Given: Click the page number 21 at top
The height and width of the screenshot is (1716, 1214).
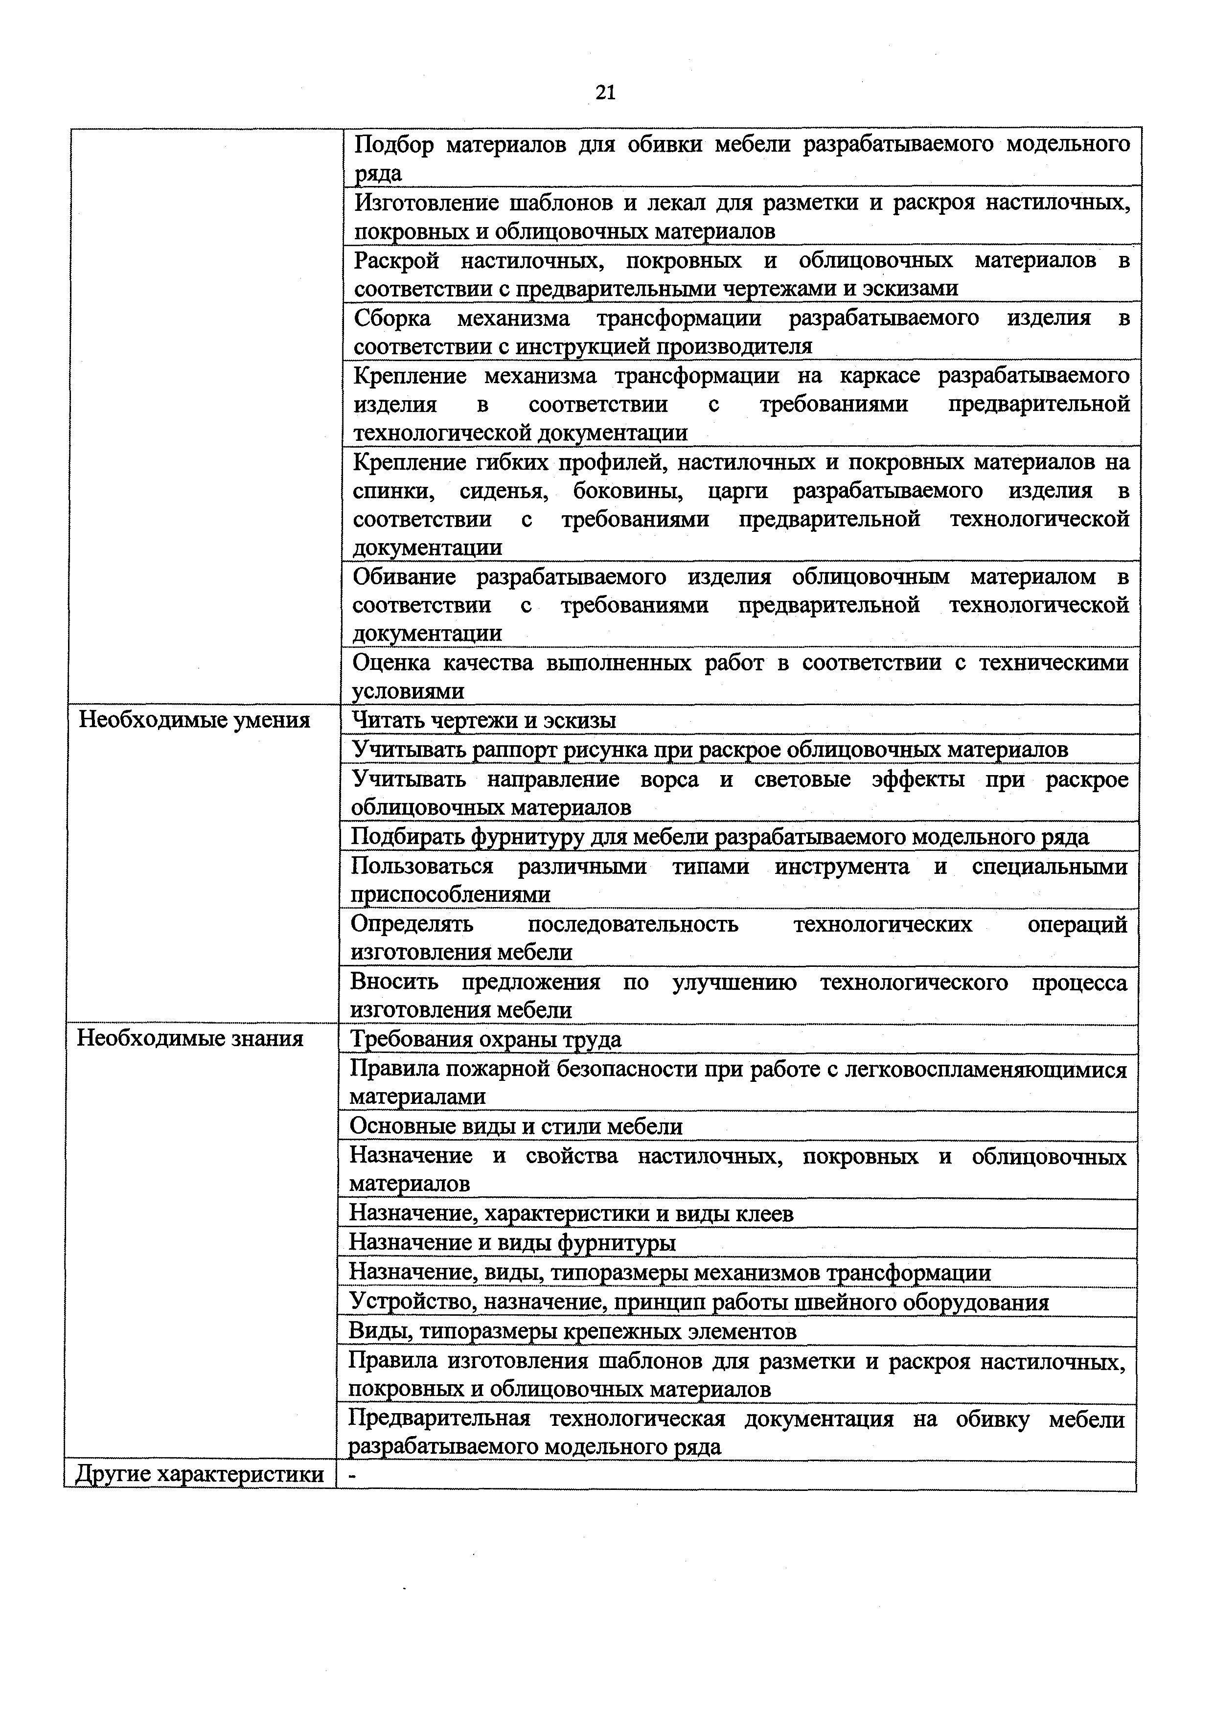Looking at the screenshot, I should click(x=605, y=92).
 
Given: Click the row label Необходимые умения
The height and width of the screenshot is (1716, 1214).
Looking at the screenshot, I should click(x=194, y=720).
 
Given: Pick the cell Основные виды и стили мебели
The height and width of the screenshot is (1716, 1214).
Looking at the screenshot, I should click(x=516, y=1126).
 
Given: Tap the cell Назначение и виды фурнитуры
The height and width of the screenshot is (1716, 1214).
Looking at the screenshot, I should click(x=512, y=1243).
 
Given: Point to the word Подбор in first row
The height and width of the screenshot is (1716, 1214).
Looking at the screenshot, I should click(x=393, y=144).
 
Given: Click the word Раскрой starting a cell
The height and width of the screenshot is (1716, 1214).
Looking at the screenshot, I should click(x=396, y=261).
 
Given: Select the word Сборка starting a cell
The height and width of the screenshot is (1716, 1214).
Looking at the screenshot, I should click(x=392, y=319).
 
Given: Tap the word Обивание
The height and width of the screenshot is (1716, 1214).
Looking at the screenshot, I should click(x=404, y=577).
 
